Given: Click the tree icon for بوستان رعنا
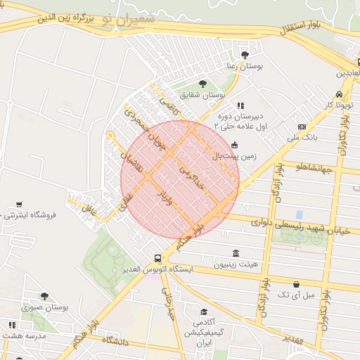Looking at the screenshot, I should tap(245, 55).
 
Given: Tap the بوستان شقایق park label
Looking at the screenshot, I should tap(202, 94).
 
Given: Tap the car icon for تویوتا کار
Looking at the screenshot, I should tap(339, 94).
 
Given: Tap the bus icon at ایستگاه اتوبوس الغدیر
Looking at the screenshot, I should tap(157, 258).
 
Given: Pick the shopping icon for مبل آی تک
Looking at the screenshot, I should tap(296, 285).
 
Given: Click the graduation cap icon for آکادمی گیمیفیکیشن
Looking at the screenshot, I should tap(204, 311).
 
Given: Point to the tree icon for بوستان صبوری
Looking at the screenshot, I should tap(44, 297).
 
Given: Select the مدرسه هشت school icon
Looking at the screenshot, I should tap(11, 325).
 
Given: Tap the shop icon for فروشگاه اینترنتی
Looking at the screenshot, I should tap(19, 205).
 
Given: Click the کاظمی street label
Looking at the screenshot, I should tap(169, 106).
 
